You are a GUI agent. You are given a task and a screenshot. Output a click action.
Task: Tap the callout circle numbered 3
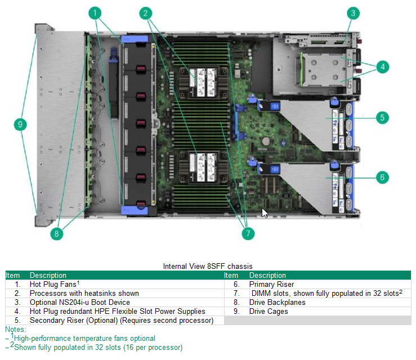(x=353, y=12)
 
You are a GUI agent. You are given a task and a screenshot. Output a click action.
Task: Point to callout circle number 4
(x=382, y=66)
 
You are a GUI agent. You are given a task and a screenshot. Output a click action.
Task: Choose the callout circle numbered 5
(x=382, y=118)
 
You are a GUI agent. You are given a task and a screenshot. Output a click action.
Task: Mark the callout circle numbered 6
(x=382, y=177)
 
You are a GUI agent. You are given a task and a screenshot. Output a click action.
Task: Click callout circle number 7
(x=247, y=232)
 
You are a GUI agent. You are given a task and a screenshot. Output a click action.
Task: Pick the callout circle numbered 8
(x=56, y=234)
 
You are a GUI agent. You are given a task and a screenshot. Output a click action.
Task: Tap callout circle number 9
(x=21, y=124)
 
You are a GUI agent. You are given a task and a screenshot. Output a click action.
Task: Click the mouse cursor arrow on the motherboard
(x=265, y=213)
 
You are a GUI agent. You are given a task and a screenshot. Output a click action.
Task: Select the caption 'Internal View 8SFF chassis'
(x=208, y=266)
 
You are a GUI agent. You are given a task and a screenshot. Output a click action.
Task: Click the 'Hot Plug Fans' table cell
(x=53, y=285)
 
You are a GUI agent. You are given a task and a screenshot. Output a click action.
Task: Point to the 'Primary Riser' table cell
(x=271, y=285)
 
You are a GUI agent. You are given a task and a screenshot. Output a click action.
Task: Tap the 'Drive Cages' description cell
(x=269, y=312)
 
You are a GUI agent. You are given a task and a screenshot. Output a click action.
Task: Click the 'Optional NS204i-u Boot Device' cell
(x=79, y=303)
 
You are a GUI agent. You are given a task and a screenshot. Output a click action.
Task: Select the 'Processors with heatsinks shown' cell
(x=84, y=294)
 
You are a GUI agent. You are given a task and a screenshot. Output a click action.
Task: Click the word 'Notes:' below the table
(x=15, y=329)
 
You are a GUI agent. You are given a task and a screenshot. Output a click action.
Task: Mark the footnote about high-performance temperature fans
(x=84, y=339)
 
